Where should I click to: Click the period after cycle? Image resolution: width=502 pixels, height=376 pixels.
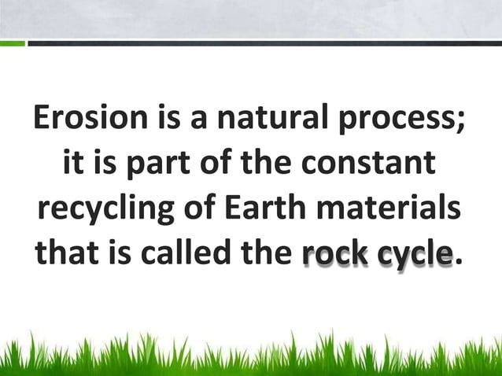tap(458, 263)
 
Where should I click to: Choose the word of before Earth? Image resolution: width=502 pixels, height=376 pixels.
tap(201, 211)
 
